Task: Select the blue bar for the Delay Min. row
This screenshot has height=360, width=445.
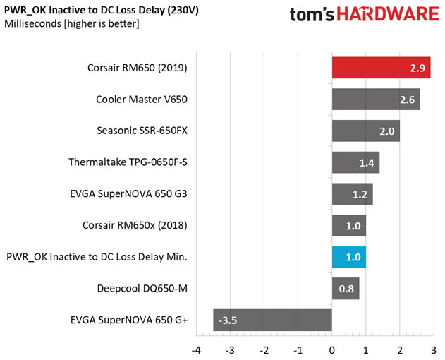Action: coord(348,257)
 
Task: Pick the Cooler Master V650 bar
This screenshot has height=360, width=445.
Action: coord(375,100)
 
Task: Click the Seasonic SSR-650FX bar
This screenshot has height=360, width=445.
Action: coord(365,131)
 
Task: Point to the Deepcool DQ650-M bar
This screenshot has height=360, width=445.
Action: coord(345,288)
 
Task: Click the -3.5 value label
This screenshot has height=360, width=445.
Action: coord(228,320)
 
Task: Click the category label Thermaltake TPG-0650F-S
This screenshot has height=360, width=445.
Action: coord(128,162)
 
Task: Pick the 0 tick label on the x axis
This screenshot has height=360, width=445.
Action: coord(331,349)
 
